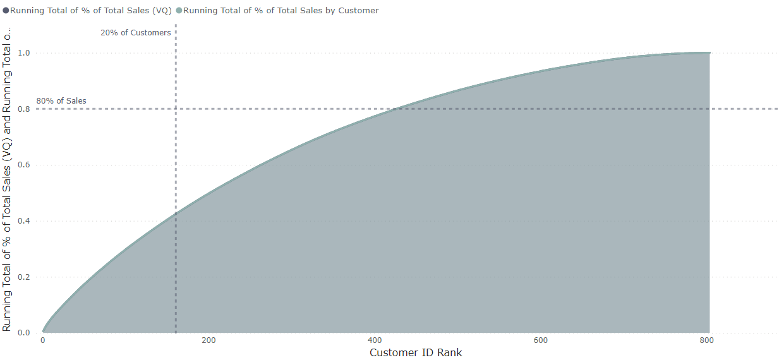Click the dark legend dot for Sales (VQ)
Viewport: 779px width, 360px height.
pos(6,11)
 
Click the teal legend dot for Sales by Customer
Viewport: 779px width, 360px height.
pos(179,11)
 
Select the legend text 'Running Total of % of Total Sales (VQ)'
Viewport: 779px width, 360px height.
pos(91,11)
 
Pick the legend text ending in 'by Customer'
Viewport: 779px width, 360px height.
pos(281,11)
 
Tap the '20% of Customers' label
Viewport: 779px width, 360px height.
pos(135,33)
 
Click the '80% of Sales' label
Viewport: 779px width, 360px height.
pos(61,101)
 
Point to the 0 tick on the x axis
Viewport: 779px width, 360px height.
pos(43,340)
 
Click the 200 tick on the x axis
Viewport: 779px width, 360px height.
pos(208,340)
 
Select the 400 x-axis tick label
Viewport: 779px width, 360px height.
pos(375,340)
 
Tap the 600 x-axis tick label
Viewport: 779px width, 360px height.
pos(541,340)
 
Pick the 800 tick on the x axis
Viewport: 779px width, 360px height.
pos(706,340)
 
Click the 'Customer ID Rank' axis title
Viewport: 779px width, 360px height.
pos(416,352)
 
